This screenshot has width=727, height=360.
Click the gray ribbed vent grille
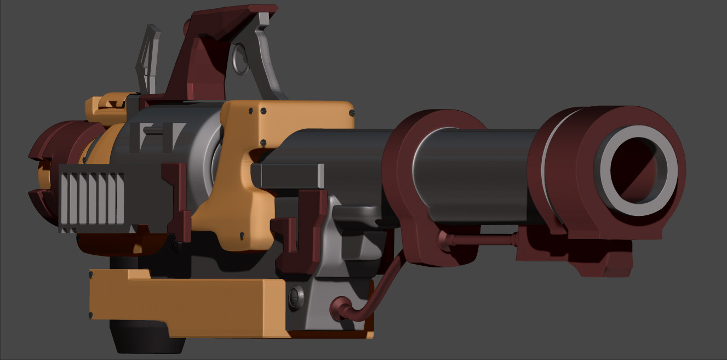tap(91, 198)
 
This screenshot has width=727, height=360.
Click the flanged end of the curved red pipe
tap(337, 309)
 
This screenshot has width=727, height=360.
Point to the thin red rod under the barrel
tap(482, 239)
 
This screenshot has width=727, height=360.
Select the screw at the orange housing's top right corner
tap(351, 113)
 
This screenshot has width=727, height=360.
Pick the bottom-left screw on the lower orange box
tap(91, 315)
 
